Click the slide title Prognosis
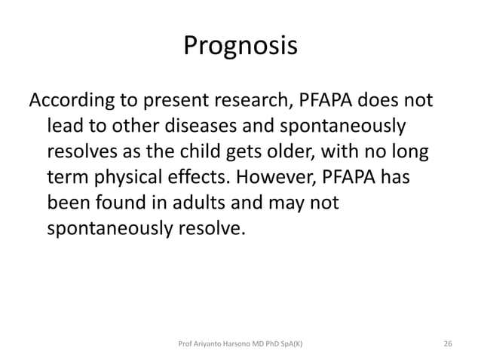(240, 47)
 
